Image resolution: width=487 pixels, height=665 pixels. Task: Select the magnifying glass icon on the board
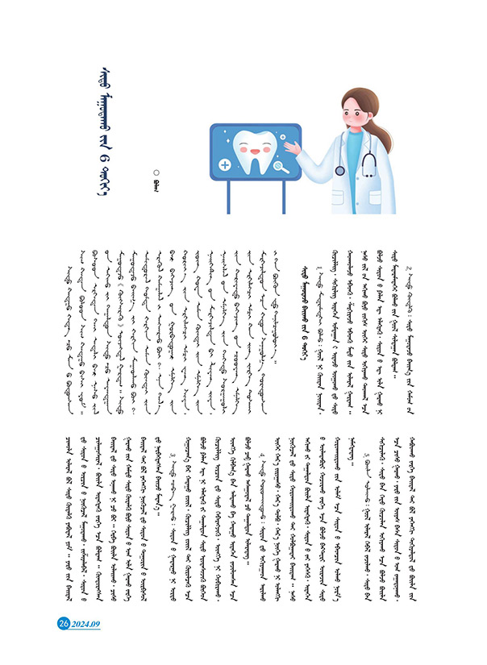[x=280, y=168]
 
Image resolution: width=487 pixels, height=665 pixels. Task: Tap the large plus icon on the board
[x=224, y=164]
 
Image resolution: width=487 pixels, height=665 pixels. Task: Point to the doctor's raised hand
[x=297, y=148]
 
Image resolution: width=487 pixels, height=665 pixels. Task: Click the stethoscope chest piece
[x=340, y=169]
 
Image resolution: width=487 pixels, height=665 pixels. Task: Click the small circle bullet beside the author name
[x=157, y=171]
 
